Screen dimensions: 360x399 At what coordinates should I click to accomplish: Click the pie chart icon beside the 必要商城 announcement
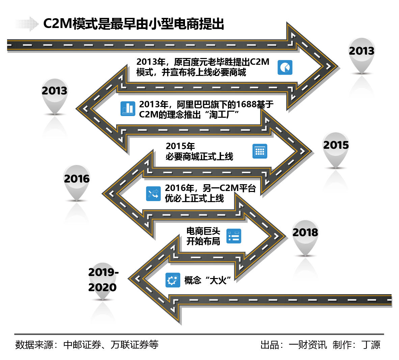click(285, 67)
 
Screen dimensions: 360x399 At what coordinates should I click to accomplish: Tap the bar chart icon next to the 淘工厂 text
click(128, 109)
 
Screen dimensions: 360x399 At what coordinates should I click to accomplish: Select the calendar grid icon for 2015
click(260, 151)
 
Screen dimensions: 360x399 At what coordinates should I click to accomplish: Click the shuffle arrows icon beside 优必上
click(153, 194)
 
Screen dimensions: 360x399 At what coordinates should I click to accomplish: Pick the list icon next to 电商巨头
click(234, 236)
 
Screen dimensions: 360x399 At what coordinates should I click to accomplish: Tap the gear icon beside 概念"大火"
click(173, 280)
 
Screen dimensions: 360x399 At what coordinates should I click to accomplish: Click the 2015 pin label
click(336, 145)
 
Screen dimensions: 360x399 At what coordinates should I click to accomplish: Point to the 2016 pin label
click(77, 179)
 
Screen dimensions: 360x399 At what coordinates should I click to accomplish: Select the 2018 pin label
click(305, 232)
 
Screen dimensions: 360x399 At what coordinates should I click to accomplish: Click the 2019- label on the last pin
click(103, 272)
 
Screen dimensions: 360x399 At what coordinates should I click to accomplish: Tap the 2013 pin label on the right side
click(362, 51)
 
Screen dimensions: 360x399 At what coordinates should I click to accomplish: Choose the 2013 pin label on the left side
click(54, 91)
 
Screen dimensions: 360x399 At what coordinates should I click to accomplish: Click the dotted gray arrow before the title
click(27, 24)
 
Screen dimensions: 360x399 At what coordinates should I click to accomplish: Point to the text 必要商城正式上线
click(199, 157)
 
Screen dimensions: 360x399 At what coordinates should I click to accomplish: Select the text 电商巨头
click(203, 231)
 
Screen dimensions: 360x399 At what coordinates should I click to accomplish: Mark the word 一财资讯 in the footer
click(308, 345)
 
